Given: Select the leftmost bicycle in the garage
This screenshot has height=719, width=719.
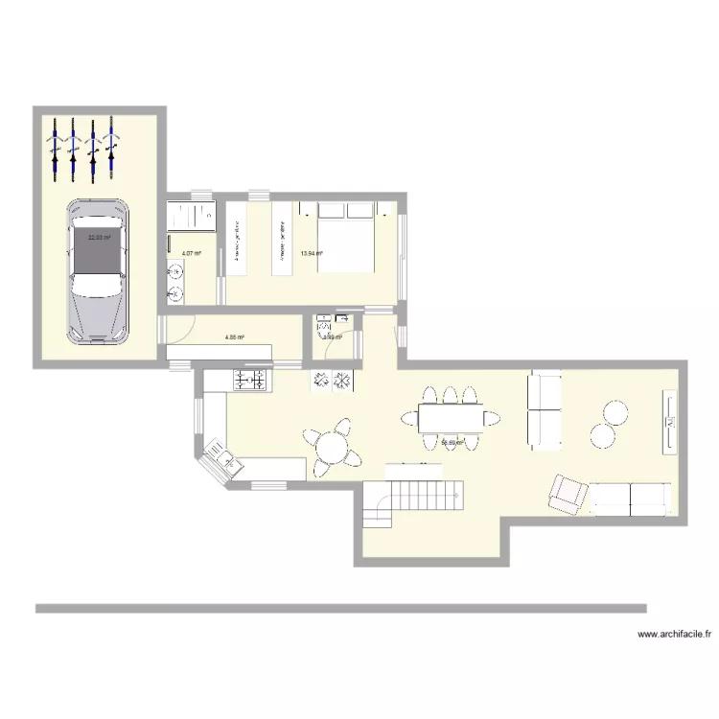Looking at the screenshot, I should click(x=55, y=150).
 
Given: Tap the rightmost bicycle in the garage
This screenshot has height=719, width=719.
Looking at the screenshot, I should click(x=111, y=149).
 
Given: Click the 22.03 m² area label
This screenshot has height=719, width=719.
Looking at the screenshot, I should click(x=98, y=238).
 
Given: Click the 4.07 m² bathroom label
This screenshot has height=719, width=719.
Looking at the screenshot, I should click(x=191, y=253).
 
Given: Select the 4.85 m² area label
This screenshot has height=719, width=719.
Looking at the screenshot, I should click(x=234, y=337).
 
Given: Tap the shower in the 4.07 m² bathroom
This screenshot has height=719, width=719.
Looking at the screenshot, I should click(x=192, y=216).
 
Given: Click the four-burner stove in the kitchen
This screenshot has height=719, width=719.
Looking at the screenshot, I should click(x=250, y=382).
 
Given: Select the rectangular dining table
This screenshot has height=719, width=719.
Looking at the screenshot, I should click(x=452, y=417).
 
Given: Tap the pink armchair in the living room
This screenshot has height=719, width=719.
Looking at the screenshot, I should click(x=567, y=494).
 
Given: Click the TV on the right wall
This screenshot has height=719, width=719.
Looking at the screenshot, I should click(x=668, y=422).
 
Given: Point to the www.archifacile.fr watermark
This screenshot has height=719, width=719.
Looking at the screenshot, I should click(x=675, y=634).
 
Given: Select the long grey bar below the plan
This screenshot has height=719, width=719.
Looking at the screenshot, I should click(x=340, y=608).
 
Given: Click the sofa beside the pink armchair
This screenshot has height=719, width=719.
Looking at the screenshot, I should click(x=629, y=498).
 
